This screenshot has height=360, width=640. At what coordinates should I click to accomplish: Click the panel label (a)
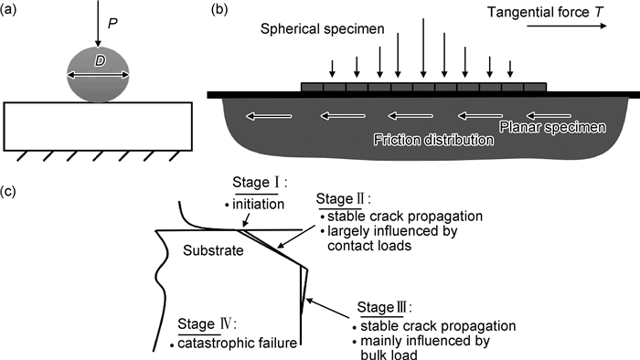point(8,10)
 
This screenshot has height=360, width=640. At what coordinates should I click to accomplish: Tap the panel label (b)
point(219,10)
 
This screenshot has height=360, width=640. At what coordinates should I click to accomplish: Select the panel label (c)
point(8,191)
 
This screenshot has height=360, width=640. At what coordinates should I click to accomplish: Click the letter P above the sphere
point(112,24)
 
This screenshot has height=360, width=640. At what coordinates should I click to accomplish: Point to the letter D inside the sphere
point(100,61)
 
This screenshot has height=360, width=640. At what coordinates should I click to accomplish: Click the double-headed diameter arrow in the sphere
point(98,75)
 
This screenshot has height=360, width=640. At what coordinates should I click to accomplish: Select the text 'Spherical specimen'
point(323,29)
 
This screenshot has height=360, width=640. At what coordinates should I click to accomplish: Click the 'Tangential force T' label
point(545,12)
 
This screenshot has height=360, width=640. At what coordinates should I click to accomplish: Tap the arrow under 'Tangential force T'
point(567,26)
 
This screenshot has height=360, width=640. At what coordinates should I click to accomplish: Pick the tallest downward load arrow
point(423,48)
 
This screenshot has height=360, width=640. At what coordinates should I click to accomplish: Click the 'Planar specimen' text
point(552,128)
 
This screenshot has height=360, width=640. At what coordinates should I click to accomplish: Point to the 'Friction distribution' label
point(433,140)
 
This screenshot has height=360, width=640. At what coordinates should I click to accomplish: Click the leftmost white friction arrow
point(269,116)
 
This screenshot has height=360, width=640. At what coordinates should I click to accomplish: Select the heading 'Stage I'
point(260,182)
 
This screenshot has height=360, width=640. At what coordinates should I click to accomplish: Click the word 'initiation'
point(258,204)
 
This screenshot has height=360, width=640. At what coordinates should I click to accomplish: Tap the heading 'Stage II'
point(343,199)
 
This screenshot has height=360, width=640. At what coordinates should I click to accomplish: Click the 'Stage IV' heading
point(207,324)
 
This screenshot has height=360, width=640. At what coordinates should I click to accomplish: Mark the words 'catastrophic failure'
point(237,343)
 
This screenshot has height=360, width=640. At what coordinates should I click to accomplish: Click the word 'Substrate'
point(213,250)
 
